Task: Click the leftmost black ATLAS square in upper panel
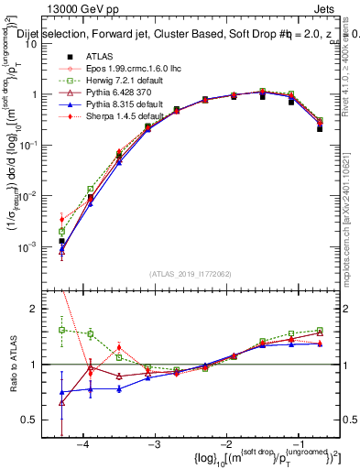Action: pos(61,241)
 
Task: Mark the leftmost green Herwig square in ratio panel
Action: pos(61,330)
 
